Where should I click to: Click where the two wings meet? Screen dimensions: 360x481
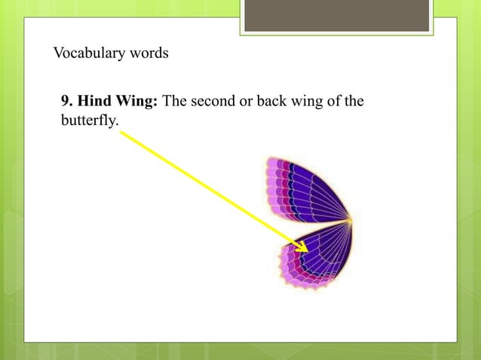[350, 221]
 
